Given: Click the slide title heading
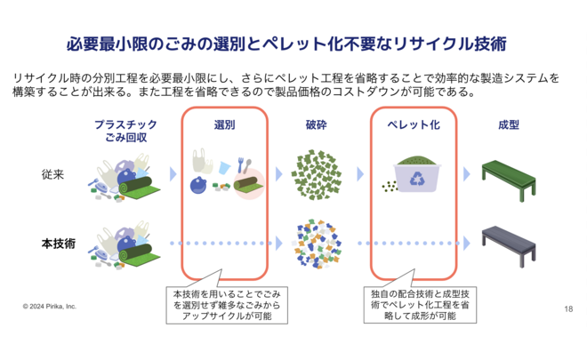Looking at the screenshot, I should point(293,42).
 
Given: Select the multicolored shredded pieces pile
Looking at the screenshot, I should point(317,243).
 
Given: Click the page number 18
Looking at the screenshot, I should point(568,308).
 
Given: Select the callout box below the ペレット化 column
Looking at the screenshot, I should point(414,304).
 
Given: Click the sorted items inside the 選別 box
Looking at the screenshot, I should point(225,174).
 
